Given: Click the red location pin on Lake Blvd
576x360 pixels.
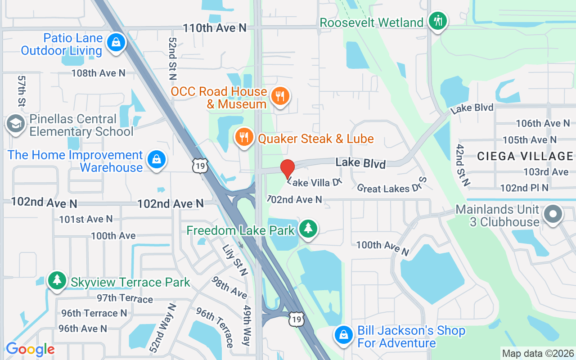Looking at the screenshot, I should point(287,169).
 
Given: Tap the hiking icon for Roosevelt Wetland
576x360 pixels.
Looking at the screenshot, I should point(437,20).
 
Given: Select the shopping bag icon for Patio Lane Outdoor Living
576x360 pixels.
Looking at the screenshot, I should point(116,43).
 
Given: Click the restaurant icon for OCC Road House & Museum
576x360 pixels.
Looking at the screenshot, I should point(280,96).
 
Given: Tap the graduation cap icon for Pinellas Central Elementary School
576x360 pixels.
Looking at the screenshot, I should point(16,124).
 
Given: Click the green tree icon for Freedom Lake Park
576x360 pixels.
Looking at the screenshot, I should point(308,228).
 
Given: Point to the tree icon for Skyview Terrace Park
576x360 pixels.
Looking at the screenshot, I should point(57,280).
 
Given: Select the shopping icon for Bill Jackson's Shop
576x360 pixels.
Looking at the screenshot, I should point(343,335).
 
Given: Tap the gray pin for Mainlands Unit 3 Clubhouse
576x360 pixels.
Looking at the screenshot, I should point(553,214).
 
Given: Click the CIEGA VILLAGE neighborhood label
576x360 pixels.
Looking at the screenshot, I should point(525,156).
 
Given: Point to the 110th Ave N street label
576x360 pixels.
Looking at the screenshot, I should point(215,28).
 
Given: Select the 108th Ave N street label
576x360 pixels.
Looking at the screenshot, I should point(98,73).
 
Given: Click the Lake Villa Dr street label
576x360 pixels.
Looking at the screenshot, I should point(315,182).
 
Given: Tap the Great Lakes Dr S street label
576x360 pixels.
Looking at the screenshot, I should point(391,186).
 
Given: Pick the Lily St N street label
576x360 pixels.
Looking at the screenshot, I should point(235,260).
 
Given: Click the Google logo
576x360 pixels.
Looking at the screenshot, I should point(30,349).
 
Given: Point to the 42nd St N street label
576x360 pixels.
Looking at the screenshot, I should point(463,165).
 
